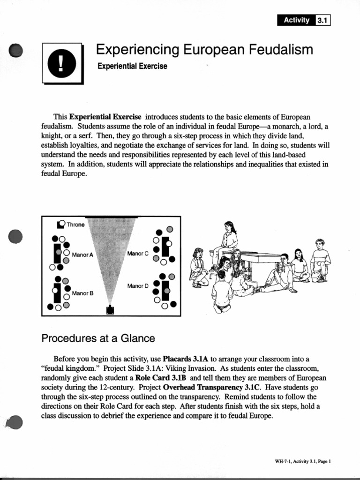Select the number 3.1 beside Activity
(324, 20)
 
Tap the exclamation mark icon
(62, 64)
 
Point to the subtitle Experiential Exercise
(132, 66)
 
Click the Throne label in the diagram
(75, 225)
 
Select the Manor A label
(83, 255)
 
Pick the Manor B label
(82, 293)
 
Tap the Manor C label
(138, 254)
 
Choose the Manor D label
(138, 285)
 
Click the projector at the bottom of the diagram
(111, 310)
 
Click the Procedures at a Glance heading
(98, 338)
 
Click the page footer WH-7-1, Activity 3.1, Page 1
(303, 461)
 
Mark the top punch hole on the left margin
(16, 50)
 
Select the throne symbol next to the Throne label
(60, 224)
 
